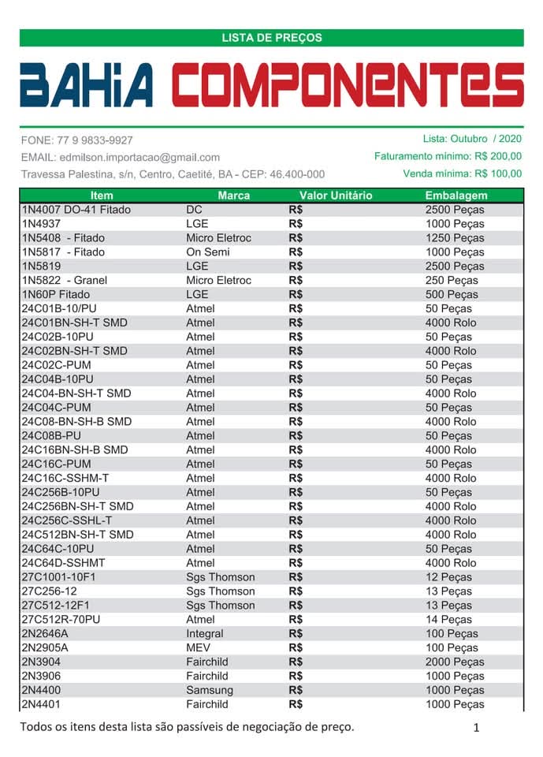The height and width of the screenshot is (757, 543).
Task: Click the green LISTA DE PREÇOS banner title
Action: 271,37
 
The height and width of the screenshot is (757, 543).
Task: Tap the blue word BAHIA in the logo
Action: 87,85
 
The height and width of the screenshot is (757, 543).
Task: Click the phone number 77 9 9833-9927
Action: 95,140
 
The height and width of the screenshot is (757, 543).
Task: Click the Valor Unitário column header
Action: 336,196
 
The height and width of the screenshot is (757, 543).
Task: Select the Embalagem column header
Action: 456,196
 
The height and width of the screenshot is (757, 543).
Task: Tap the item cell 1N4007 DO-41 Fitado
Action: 76,210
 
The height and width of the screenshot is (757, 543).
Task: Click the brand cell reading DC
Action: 195,210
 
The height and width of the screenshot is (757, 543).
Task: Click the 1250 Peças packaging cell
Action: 455,238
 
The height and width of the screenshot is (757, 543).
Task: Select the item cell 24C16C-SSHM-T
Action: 65,479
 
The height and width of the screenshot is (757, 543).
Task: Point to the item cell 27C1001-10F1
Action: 59,577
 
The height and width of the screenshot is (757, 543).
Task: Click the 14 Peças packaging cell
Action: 449,620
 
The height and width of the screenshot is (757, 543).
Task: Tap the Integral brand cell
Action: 205,634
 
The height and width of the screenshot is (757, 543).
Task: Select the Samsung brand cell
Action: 210,691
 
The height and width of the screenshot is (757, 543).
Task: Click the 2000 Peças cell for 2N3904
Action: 455,662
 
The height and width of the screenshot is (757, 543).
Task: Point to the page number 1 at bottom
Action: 477,728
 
